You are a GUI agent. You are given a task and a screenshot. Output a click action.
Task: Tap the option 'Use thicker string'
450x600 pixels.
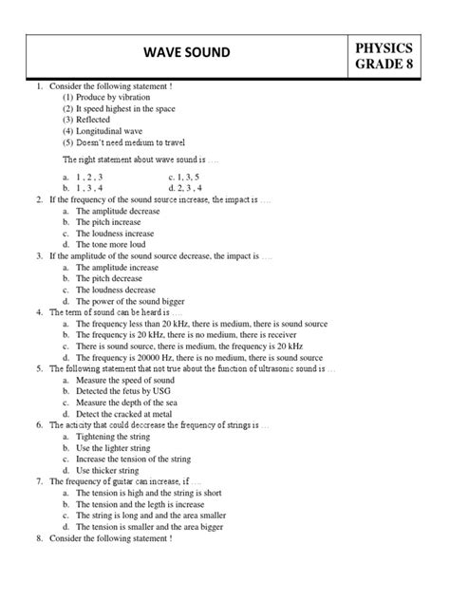107,470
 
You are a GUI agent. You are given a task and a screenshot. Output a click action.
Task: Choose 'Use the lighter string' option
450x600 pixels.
115,448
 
